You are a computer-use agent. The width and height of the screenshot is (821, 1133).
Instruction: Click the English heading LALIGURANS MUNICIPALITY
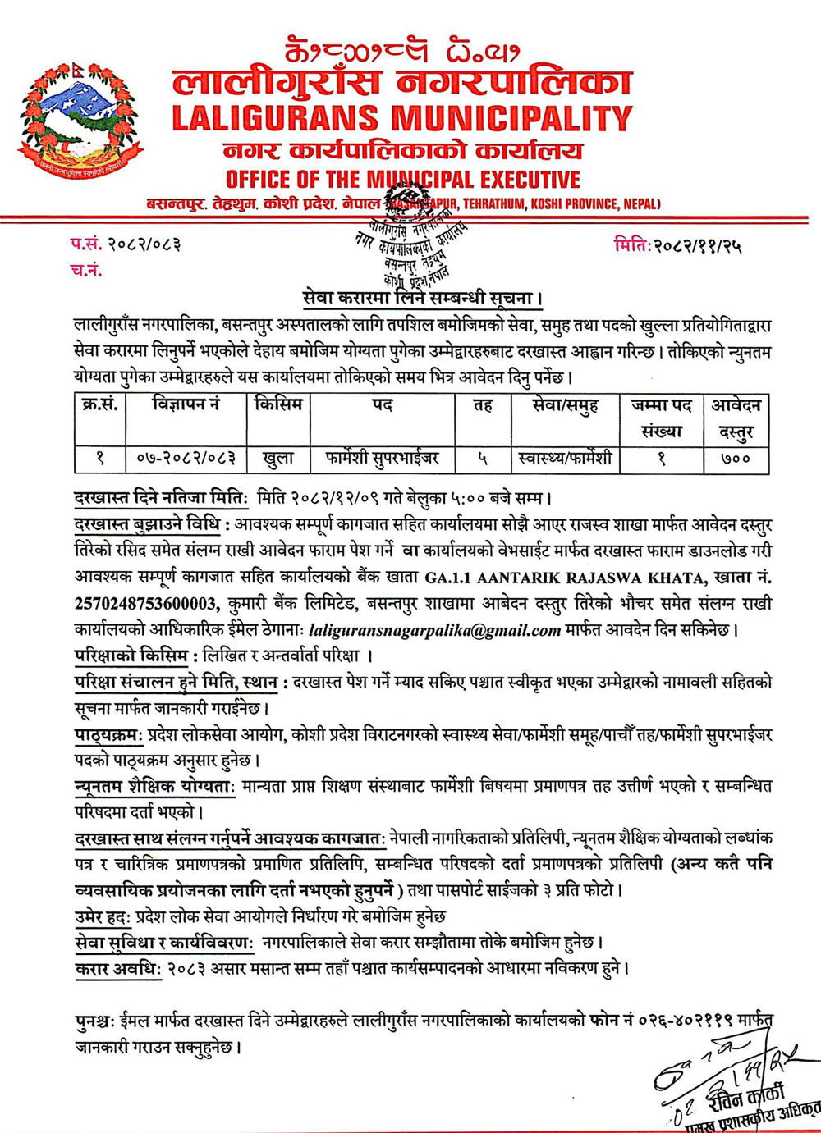pyautogui.click(x=401, y=119)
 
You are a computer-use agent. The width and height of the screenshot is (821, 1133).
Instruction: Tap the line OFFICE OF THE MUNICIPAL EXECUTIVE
pyautogui.click(x=402, y=180)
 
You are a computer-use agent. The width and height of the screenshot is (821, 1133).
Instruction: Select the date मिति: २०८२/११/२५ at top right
pyautogui.click(x=677, y=244)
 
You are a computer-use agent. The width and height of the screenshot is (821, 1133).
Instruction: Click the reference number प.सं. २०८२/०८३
pyautogui.click(x=125, y=244)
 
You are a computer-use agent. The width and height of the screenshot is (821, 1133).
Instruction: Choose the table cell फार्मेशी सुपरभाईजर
pyautogui.click(x=382, y=459)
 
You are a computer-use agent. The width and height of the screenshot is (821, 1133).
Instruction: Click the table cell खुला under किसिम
pyautogui.click(x=278, y=459)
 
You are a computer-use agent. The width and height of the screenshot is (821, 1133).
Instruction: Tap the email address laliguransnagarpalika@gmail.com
pyautogui.click(x=434, y=631)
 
